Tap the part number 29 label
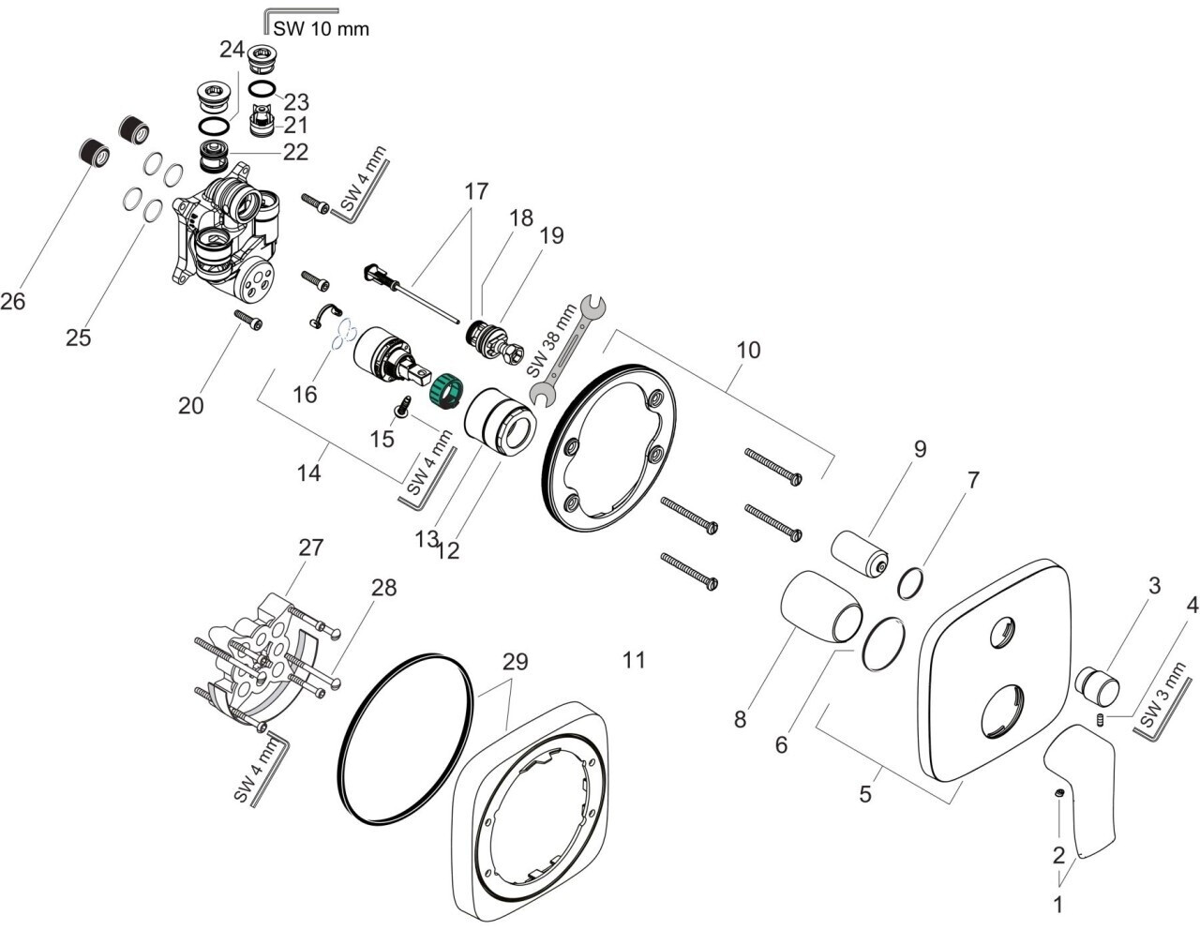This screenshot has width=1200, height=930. [515, 661]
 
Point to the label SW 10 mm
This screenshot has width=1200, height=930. [322, 29]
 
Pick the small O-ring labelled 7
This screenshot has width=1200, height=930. [910, 583]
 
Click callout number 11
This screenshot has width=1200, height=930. [635, 660]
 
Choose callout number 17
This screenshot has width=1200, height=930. [476, 192]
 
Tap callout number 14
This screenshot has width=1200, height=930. [309, 473]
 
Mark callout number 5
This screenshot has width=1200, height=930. [864, 794]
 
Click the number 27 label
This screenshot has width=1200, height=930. [310, 547]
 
